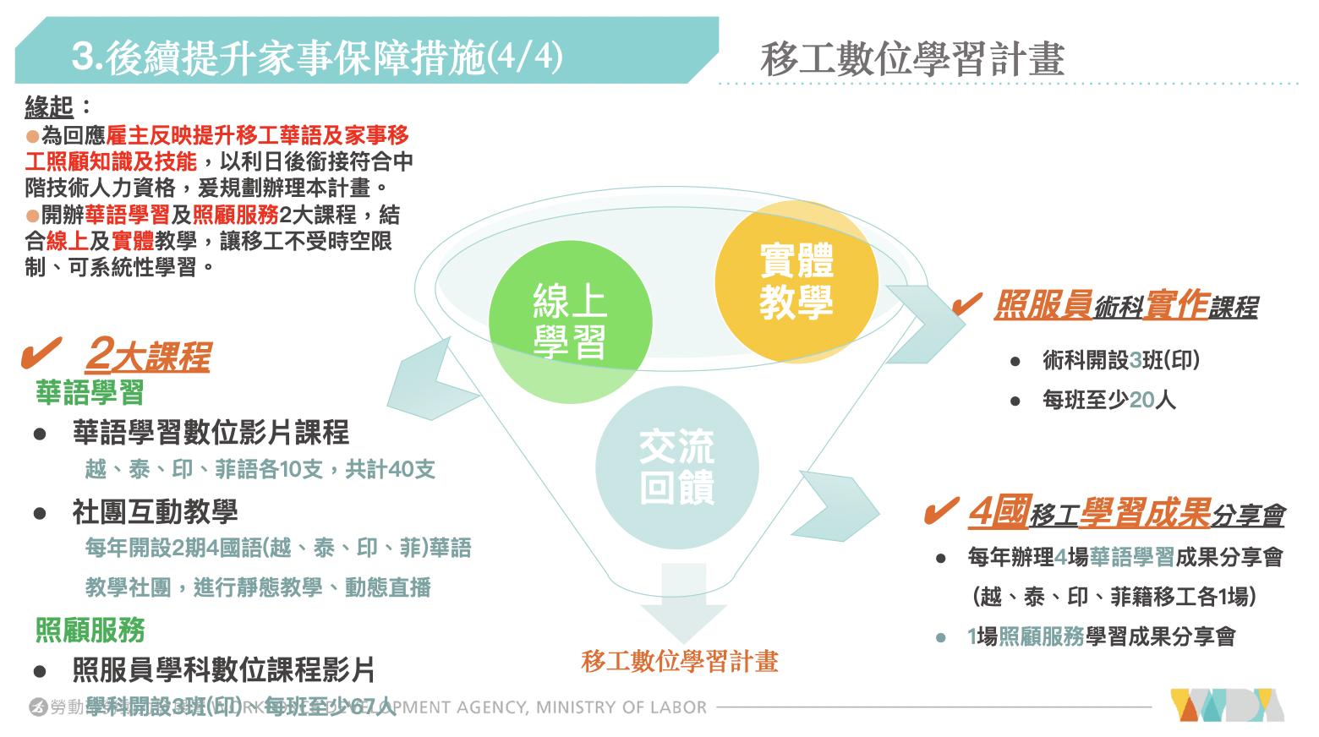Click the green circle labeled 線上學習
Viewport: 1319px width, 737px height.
[x=570, y=322]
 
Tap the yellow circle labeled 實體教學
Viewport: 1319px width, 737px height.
[x=796, y=281]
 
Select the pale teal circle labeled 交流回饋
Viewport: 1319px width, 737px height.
[x=676, y=467]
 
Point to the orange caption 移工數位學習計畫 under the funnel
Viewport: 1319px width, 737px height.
[x=680, y=662]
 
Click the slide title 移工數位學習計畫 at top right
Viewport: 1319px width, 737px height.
[x=911, y=59]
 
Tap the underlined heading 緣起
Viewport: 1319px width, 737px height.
[x=50, y=107]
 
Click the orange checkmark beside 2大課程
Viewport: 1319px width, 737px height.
[x=41, y=353]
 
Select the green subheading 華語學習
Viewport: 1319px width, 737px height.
[x=90, y=393]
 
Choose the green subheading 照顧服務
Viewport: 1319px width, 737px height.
[x=90, y=631]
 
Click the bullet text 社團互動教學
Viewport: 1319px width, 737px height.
[x=155, y=511]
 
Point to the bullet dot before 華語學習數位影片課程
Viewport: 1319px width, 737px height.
[x=40, y=434]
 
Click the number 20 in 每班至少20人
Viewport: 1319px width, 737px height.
[x=1141, y=400]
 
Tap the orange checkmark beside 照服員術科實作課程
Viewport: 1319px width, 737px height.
[x=966, y=303]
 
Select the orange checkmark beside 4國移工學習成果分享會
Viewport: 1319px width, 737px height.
[x=941, y=510]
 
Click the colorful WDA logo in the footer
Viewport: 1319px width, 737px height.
[x=1226, y=706]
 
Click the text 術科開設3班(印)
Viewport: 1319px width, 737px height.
[x=1120, y=360]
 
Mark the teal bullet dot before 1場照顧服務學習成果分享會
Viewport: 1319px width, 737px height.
[x=941, y=637]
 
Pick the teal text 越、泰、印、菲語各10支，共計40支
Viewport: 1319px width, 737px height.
[x=260, y=469]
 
